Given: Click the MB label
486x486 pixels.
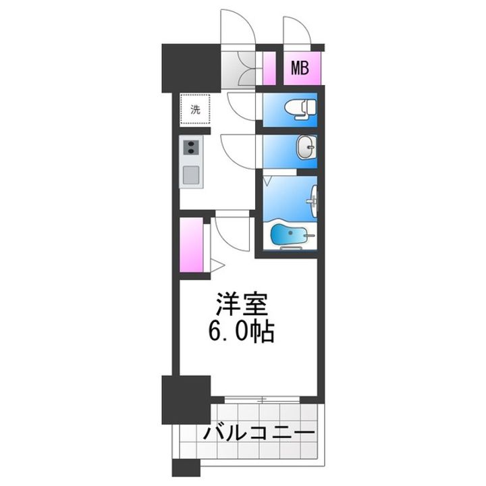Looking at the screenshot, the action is (x=300, y=68).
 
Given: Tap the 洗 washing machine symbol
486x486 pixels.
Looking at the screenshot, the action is (x=195, y=109).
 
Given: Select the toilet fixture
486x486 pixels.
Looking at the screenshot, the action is (x=300, y=109).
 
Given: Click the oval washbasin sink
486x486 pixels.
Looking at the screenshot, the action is (x=306, y=148).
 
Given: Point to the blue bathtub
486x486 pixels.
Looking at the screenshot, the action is (x=289, y=234).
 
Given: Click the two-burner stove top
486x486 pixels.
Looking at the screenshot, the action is (x=191, y=148).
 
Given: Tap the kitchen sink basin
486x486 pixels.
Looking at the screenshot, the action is (x=191, y=175).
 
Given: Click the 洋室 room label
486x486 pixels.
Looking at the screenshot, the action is (x=242, y=303).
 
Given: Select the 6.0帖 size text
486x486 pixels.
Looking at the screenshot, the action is (x=242, y=331).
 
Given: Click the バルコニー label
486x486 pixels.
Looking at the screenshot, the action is (x=259, y=433).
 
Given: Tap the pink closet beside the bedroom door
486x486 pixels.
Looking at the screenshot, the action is (x=192, y=245).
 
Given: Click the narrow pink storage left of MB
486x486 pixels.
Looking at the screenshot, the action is (x=269, y=68).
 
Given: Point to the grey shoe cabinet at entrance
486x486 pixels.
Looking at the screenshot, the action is (x=238, y=69).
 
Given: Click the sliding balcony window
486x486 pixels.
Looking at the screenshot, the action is (x=262, y=400).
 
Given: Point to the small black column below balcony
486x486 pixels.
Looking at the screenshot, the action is (x=186, y=467).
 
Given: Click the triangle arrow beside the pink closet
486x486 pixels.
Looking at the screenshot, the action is (x=217, y=266).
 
